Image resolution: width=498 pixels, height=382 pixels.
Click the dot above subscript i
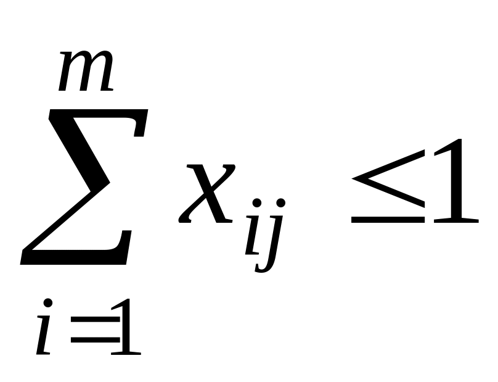click(257, 203)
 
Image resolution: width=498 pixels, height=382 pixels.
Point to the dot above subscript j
click(281, 203)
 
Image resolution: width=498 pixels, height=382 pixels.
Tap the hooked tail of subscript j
click(262, 267)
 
